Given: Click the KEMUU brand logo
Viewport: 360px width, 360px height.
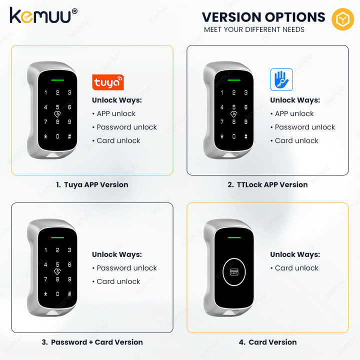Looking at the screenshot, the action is pyautogui.click(x=43, y=15).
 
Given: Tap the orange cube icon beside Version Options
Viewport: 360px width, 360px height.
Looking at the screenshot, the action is pyautogui.click(x=342, y=19).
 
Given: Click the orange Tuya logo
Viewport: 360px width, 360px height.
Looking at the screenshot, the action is pyautogui.click(x=108, y=82).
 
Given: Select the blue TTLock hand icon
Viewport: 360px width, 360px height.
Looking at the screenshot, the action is pyautogui.click(x=281, y=79).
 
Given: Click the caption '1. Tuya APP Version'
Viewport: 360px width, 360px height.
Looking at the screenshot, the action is pyautogui.click(x=92, y=184).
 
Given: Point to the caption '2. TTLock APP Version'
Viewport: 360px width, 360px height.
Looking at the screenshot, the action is pyautogui.click(x=267, y=184).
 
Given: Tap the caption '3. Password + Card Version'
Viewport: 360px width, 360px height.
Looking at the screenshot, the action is pyautogui.click(x=92, y=342).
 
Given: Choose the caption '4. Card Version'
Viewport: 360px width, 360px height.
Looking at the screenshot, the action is pyautogui.click(x=267, y=342).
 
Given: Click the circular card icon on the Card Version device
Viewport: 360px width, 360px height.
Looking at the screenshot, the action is pyautogui.click(x=234, y=272).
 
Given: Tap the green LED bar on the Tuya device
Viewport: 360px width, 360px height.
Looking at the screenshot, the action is pyautogui.click(x=57, y=80).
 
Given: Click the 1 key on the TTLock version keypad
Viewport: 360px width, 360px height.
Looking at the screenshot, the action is pyautogui.click(x=222, y=92).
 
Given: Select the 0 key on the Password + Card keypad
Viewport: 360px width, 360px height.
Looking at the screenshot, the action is pyautogui.click(x=57, y=294).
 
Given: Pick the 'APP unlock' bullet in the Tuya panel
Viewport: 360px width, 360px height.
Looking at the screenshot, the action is pyautogui.click(x=114, y=113).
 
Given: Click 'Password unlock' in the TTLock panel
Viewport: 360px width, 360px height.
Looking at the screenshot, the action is pyautogui.click(x=303, y=127).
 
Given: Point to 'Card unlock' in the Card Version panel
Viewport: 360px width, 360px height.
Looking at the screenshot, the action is pyautogui.click(x=294, y=268).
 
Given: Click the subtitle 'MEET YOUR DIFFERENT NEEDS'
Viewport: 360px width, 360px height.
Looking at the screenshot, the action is pyautogui.click(x=254, y=29).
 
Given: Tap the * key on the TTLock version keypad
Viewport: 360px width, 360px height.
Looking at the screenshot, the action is pyautogui.click(x=222, y=136).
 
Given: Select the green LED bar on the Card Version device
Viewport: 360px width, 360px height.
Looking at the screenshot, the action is pyautogui.click(x=234, y=237).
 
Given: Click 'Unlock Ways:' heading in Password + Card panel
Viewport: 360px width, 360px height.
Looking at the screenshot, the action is pyautogui.click(x=117, y=254).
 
